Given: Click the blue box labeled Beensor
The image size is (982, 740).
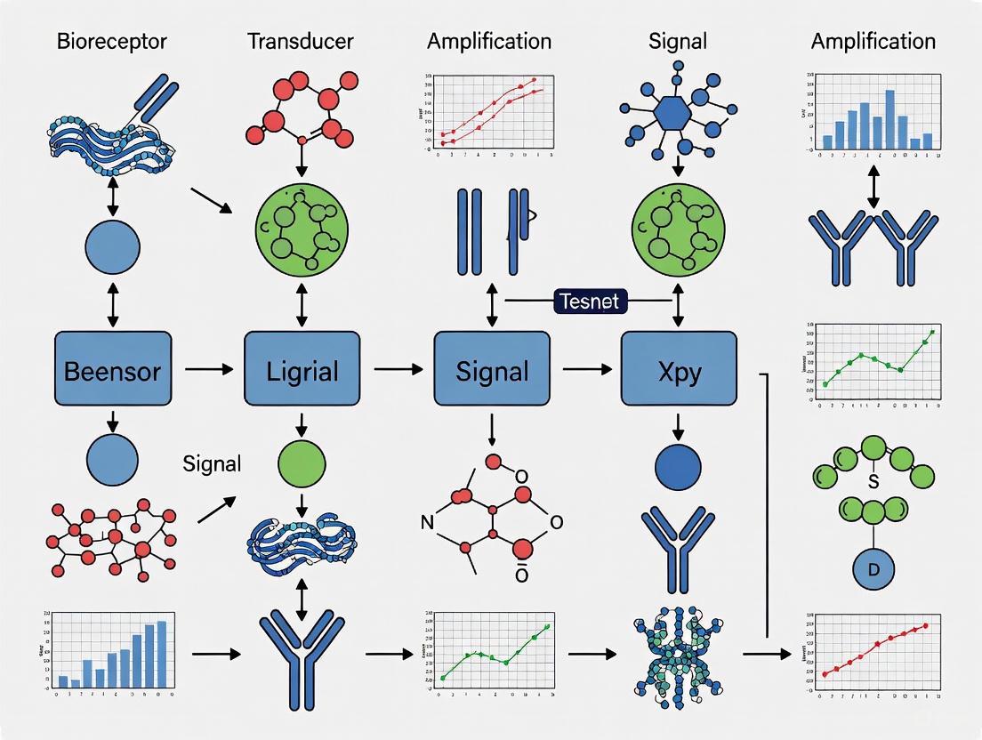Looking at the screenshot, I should click(x=113, y=369).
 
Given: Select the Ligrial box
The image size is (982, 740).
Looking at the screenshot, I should click(x=302, y=369).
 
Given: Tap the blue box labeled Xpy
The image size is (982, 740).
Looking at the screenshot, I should click(x=678, y=369).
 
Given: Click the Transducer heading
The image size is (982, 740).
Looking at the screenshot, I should click(x=301, y=41).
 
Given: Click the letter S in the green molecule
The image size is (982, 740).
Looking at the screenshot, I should click(x=873, y=483).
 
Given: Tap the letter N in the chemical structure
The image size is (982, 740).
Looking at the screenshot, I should click(x=426, y=523).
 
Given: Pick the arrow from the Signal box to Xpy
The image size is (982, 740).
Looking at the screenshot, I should click(x=588, y=369).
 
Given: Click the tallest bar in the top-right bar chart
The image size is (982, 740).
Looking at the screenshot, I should click(x=878, y=113).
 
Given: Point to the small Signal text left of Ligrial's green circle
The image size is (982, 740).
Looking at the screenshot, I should click(x=211, y=463).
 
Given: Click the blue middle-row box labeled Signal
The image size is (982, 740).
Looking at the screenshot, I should click(x=492, y=369).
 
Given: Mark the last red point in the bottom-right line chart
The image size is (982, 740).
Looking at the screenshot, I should click(x=926, y=625).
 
